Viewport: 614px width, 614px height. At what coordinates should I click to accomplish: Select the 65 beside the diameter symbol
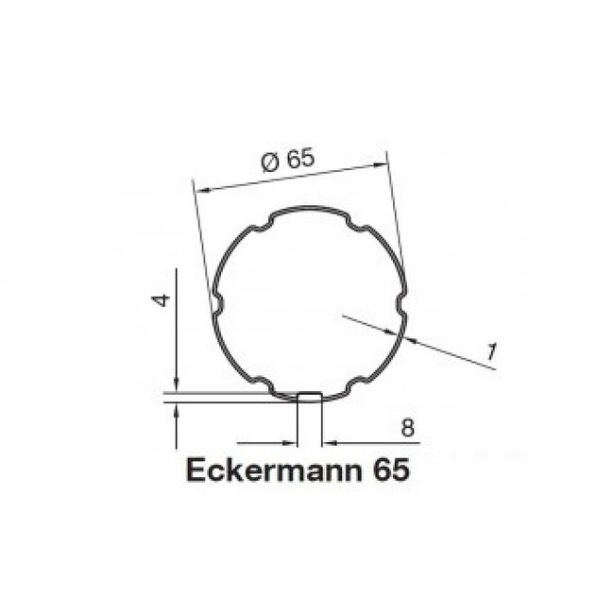(x=298, y=160)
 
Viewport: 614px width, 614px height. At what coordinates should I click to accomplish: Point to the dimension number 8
(x=406, y=427)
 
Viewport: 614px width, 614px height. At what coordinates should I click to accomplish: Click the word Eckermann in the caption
(x=262, y=469)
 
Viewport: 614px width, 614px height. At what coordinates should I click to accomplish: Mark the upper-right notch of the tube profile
(x=357, y=226)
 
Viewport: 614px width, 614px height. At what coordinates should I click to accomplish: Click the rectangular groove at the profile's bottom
(x=308, y=395)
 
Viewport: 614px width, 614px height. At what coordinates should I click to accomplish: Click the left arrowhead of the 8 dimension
(x=290, y=441)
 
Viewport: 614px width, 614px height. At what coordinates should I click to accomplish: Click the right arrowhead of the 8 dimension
(x=327, y=441)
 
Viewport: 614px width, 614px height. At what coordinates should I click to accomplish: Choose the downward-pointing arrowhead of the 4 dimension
(x=176, y=386)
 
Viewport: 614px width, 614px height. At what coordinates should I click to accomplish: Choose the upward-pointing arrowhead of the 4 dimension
(x=176, y=407)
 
